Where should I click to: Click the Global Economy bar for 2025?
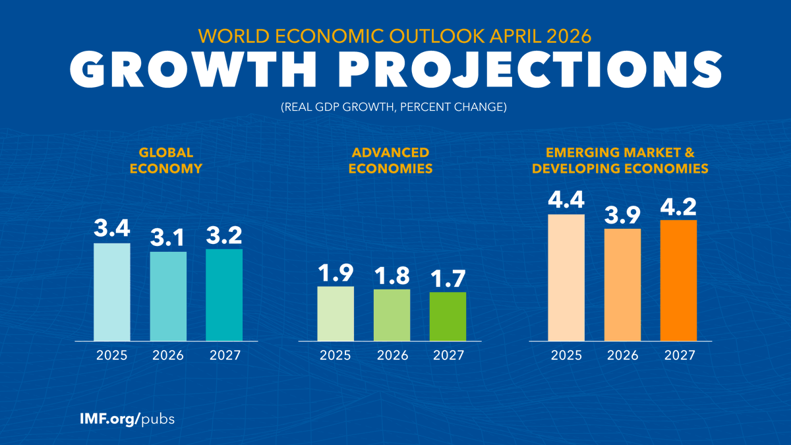coord(112,292)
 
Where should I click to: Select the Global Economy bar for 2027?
coord(224,295)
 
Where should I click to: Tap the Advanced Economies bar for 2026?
coord(392,315)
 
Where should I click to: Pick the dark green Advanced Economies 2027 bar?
coord(448,316)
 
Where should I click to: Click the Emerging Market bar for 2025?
coord(566,278)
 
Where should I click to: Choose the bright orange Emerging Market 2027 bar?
coord(679,280)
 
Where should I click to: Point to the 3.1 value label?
coord(167,237)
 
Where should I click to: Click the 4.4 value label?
coord(566,200)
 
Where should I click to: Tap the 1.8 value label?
coord(392,276)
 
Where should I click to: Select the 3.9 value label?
coord(622,215)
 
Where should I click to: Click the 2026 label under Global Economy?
coord(168,355)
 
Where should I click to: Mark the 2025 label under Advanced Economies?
coord(336,355)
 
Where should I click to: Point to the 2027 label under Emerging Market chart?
coord(680,355)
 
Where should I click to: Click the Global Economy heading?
coord(166,161)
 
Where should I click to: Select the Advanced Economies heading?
coord(390,161)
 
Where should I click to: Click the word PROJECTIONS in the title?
coord(530,69)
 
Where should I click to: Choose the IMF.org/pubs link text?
coord(127,419)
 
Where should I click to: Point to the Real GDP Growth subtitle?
coord(394,107)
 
